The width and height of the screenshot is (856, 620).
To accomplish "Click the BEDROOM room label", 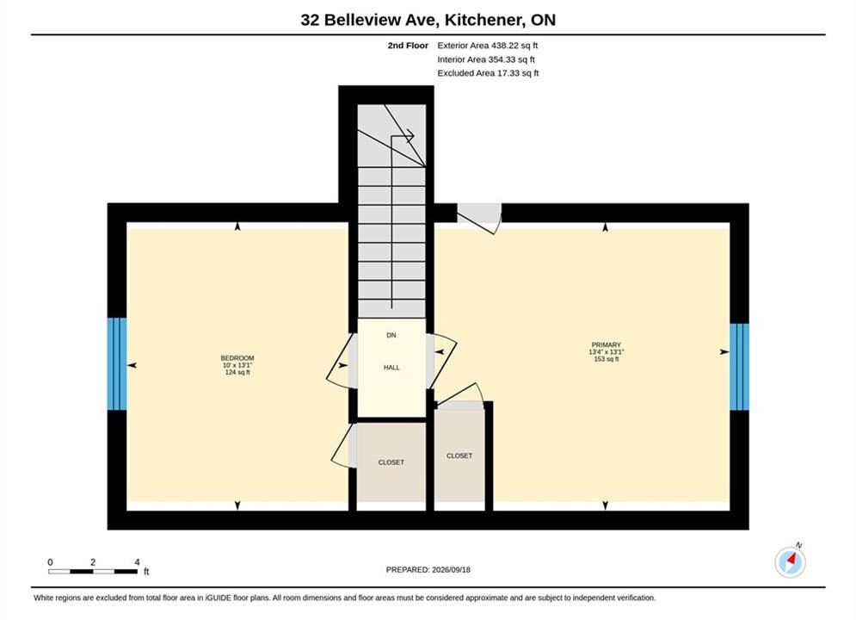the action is pyautogui.click(x=237, y=358).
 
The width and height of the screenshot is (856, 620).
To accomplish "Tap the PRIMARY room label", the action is pyautogui.click(x=606, y=345).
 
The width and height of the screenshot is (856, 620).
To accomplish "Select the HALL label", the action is pyautogui.click(x=391, y=368).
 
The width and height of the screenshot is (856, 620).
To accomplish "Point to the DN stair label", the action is pyautogui.click(x=391, y=335).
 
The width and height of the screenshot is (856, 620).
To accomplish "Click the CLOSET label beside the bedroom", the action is pyautogui.click(x=391, y=462).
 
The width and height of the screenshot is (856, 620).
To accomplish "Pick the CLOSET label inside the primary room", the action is pyautogui.click(x=459, y=456).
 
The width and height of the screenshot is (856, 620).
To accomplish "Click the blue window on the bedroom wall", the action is pyautogui.click(x=117, y=363).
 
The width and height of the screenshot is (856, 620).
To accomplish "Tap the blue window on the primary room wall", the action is pyautogui.click(x=739, y=367).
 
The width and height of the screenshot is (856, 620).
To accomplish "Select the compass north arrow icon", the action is pyautogui.click(x=790, y=561).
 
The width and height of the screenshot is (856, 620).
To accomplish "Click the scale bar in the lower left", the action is pyautogui.click(x=93, y=572).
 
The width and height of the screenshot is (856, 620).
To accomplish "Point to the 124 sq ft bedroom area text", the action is pyautogui.click(x=237, y=373).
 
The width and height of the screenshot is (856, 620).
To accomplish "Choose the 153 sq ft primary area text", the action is pyautogui.click(x=606, y=359).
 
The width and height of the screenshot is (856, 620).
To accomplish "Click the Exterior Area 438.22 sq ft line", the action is pyautogui.click(x=488, y=46).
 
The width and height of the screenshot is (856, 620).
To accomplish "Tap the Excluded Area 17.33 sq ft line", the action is pyautogui.click(x=488, y=73).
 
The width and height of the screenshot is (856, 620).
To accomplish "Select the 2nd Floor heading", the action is pyautogui.click(x=408, y=46).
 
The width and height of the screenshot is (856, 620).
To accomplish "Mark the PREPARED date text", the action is pyautogui.click(x=428, y=570).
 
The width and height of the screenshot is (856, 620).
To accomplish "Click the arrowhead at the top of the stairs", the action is pyautogui.click(x=410, y=135).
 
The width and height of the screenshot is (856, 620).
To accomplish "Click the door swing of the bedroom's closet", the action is pyautogui.click(x=344, y=445).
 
